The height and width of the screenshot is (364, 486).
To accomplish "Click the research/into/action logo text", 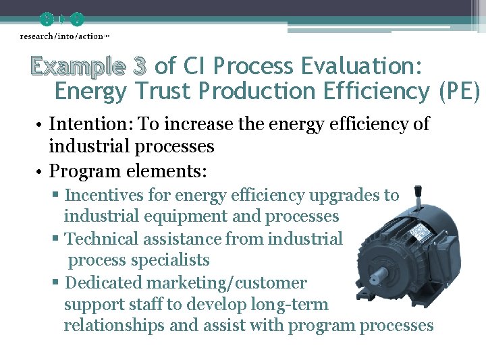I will click(x=61, y=35).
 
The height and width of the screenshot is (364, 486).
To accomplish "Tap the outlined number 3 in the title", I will click(x=140, y=67).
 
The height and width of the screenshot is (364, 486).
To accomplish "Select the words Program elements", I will click(x=128, y=171).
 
